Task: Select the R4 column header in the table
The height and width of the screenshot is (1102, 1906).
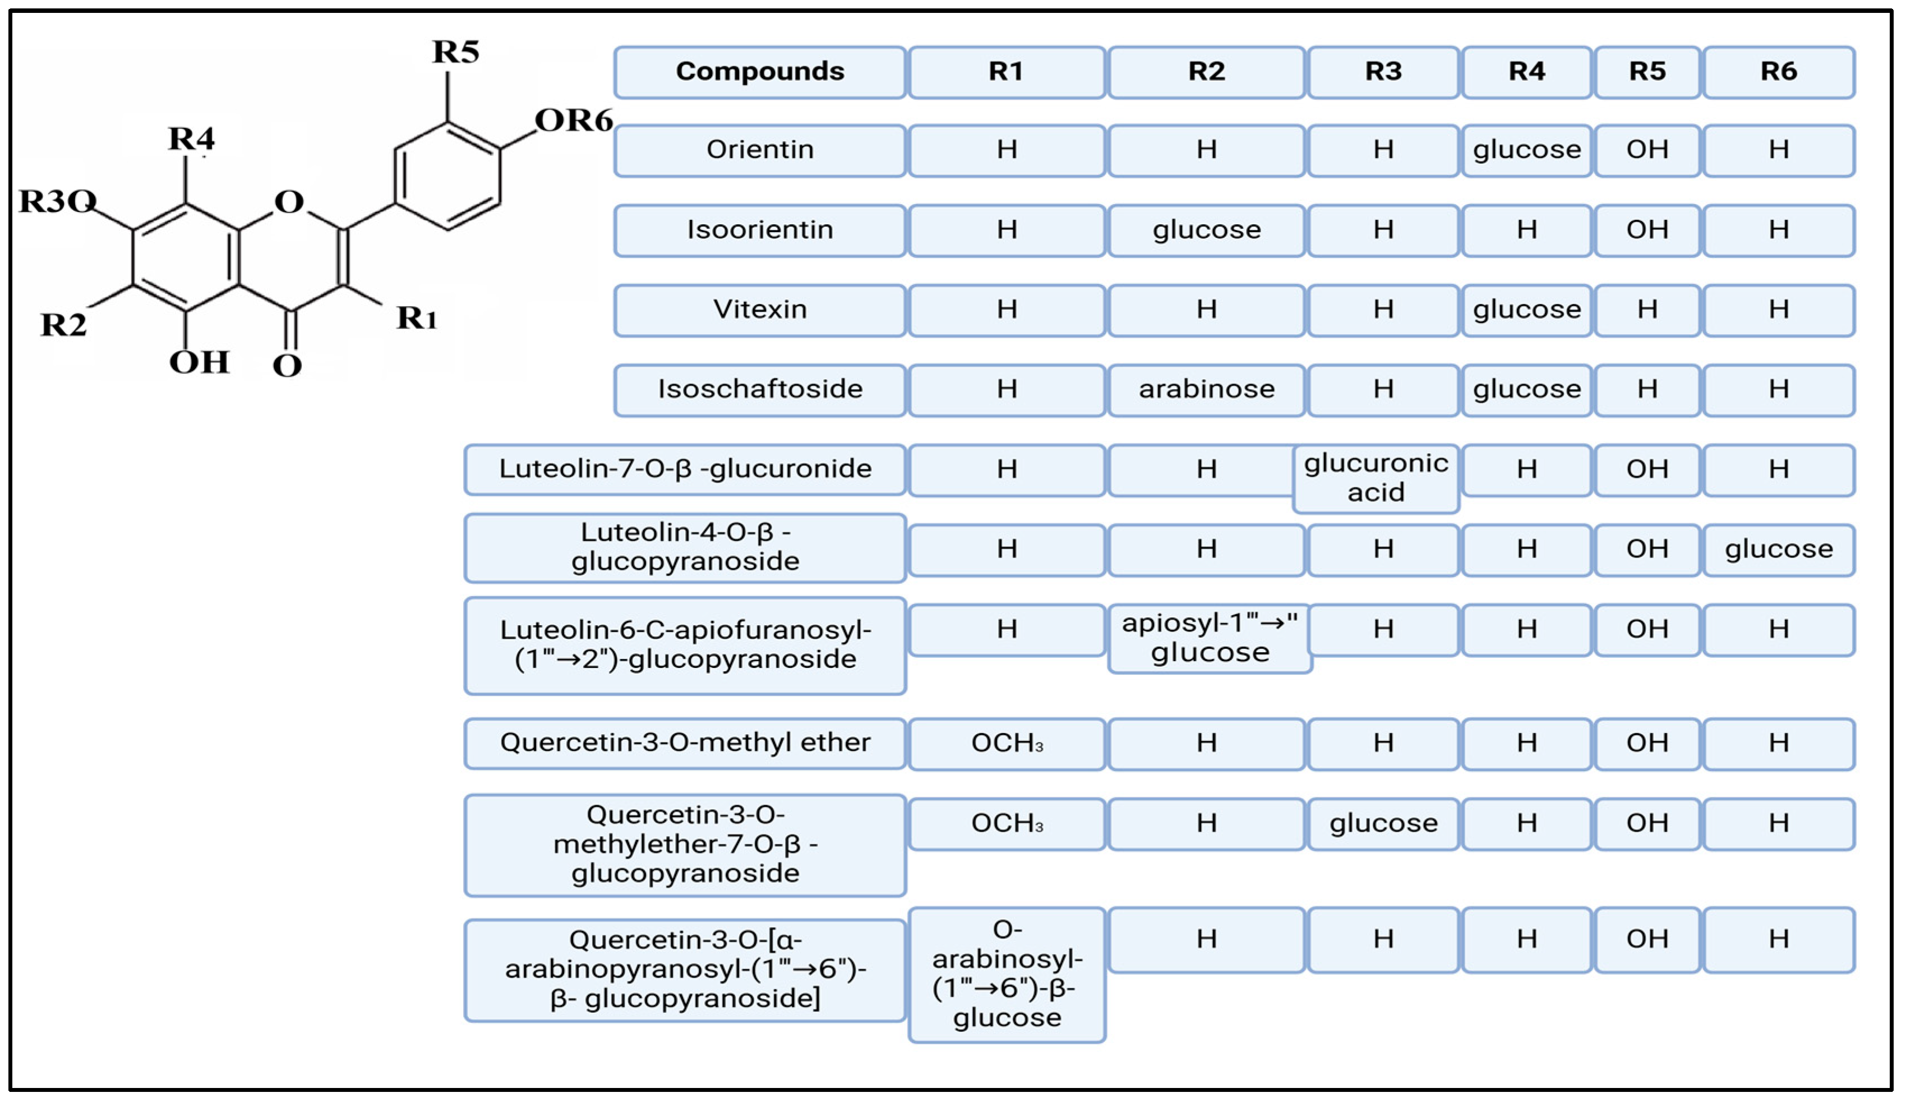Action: (x=1526, y=72)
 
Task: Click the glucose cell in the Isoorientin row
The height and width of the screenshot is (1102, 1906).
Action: (x=1206, y=230)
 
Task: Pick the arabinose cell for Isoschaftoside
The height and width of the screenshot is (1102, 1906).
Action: (x=1206, y=390)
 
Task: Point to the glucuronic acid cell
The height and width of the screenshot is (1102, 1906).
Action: (x=1376, y=478)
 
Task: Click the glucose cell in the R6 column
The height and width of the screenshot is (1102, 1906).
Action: (x=1778, y=549)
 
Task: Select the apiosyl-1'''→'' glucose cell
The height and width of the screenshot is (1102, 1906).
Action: (x=1210, y=638)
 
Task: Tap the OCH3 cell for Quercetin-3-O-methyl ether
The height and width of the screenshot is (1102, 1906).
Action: (x=1007, y=744)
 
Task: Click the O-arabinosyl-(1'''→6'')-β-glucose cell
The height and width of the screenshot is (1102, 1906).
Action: (x=1007, y=974)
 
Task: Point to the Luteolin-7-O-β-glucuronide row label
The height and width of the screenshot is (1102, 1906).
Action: (x=685, y=470)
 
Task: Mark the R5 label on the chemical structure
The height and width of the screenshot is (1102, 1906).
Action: (x=455, y=52)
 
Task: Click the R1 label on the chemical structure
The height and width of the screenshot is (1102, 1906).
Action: (x=417, y=319)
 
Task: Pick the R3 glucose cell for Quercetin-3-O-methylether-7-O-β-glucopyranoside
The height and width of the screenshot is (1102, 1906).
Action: (x=1383, y=824)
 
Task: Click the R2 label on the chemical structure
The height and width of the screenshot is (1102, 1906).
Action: (x=63, y=325)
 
